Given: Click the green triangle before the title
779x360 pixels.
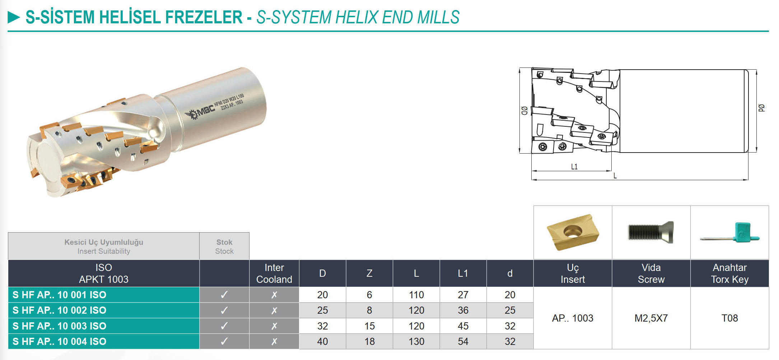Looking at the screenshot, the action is (x=14, y=17).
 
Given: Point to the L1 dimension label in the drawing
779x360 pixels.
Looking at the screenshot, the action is (x=574, y=167).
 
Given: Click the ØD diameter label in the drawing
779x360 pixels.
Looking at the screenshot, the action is (x=524, y=111).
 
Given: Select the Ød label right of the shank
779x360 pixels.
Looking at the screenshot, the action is (x=761, y=108).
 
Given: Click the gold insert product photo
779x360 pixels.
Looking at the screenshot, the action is (x=573, y=232).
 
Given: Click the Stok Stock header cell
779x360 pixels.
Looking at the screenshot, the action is (x=224, y=246).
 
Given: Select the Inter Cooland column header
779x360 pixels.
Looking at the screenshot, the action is (x=274, y=273).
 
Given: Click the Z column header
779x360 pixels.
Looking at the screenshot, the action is (x=369, y=273).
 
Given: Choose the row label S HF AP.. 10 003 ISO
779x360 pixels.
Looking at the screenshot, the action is (x=60, y=326).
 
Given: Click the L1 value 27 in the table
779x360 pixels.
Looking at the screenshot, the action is (x=463, y=295).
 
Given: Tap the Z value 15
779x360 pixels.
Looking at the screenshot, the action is (x=369, y=326).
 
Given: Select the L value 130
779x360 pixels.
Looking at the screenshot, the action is (x=416, y=341).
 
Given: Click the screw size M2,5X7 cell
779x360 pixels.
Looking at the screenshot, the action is (x=651, y=318).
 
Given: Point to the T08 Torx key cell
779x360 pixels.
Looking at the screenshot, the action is (x=730, y=318).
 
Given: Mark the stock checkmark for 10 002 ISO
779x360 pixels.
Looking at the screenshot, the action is (x=224, y=310).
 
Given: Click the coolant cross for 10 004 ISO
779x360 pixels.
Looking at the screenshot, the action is (x=274, y=341).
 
